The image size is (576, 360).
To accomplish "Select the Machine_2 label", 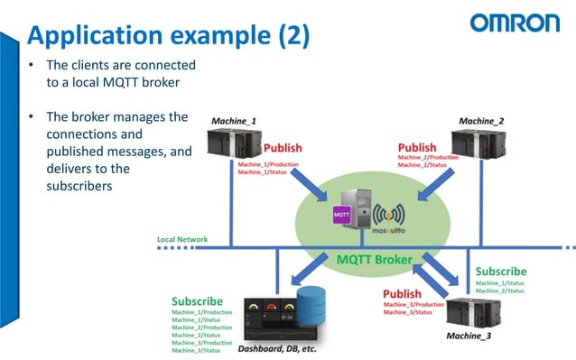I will (481, 121).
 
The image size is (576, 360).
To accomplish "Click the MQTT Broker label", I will (375, 260).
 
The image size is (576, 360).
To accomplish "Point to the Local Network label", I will (182, 239).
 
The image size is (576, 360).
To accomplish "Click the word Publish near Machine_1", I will (283, 148).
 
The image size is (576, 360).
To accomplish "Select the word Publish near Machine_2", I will (417, 147).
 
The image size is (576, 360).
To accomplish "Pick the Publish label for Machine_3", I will (403, 294).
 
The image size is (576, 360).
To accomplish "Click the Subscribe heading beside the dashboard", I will (198, 301).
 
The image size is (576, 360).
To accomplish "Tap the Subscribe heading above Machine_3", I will (502, 271).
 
